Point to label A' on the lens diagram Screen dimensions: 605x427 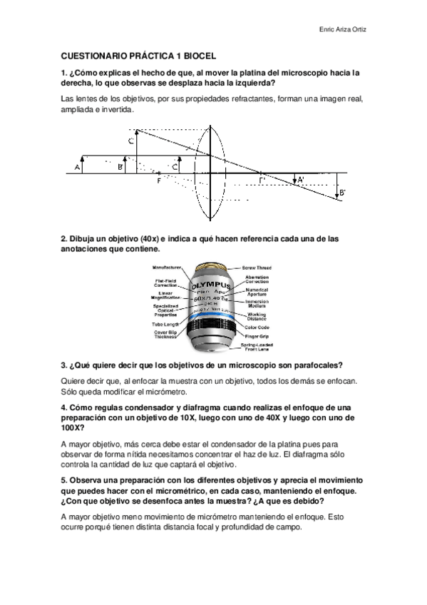(300, 180)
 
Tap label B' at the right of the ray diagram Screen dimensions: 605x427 (342, 193)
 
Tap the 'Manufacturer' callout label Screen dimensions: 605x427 (167, 267)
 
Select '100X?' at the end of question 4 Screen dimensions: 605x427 (73, 428)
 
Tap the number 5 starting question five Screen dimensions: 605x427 (63, 482)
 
